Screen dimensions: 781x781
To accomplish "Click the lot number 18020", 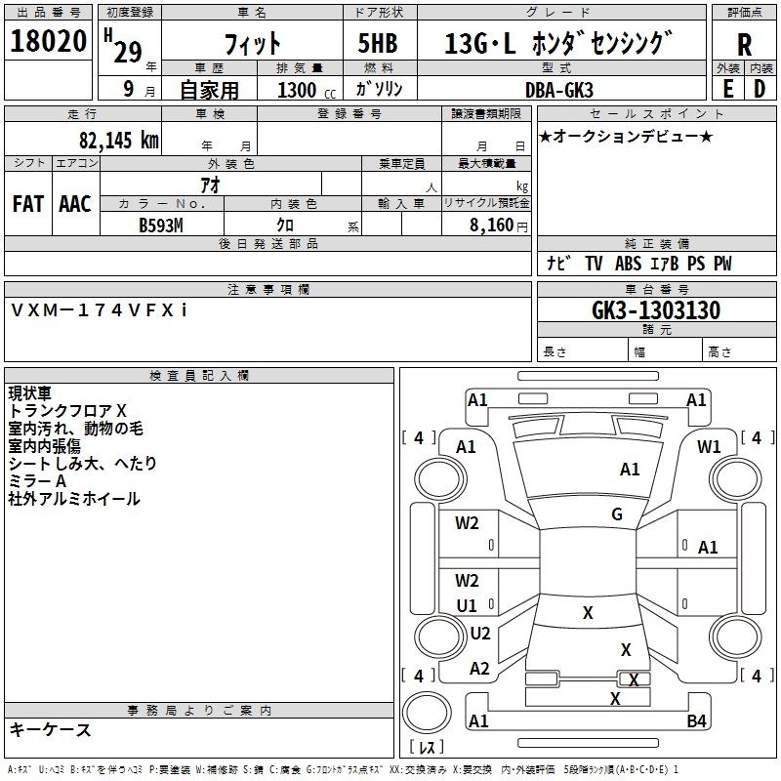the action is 48,41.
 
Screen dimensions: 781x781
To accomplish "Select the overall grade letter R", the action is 744,45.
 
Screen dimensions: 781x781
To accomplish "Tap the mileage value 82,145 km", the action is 118,140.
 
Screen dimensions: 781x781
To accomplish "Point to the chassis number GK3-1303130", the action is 656,310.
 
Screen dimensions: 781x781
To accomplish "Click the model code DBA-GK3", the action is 558,90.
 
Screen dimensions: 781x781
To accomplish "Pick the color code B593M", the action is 161,226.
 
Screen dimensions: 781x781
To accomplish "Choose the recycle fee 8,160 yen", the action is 499,226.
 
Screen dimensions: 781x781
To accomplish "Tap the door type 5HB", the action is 378,43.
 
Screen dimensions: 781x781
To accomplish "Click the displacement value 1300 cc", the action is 307,90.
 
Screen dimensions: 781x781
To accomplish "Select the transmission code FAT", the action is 28,204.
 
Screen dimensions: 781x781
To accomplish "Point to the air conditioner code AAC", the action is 75,204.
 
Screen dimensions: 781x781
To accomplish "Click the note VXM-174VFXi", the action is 99,310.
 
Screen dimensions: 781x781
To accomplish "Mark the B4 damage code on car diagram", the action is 696,720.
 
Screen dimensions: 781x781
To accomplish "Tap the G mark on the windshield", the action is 617,514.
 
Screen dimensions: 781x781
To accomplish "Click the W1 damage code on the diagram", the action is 709,447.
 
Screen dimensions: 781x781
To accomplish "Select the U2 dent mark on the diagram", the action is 480,633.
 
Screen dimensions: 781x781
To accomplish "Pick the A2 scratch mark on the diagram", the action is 479,668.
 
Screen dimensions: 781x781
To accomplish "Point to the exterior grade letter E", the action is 727,89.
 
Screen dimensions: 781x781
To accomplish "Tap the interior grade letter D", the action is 760,89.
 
